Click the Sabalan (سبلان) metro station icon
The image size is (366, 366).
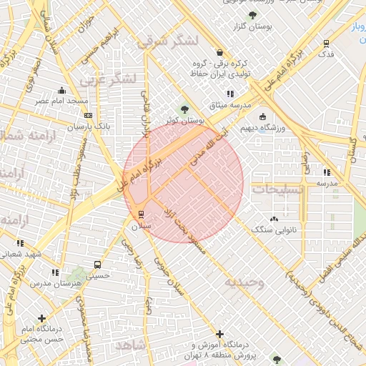click(x=140, y=214)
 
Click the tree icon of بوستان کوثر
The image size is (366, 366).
click(x=185, y=109)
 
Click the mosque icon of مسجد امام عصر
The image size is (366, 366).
click(x=61, y=90)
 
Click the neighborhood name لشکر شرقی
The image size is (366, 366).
click(x=166, y=41)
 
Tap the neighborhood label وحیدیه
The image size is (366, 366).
click(x=244, y=282)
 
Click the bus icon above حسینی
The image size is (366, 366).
click(x=98, y=264)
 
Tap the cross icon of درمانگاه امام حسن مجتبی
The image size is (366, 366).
click(x=42, y=318)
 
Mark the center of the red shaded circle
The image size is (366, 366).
click(x=183, y=183)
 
